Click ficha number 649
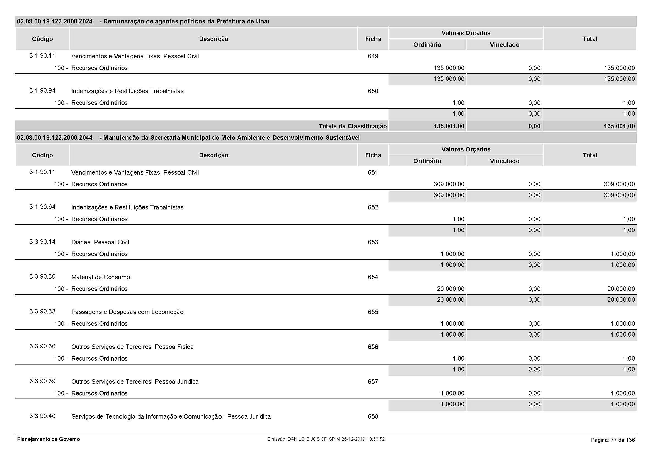(373, 56)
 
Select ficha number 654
(373, 277)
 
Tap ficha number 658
(373, 417)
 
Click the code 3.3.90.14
(42, 242)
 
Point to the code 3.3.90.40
(42, 416)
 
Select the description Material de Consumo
(101, 277)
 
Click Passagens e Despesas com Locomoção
(127, 312)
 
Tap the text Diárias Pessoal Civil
(100, 242)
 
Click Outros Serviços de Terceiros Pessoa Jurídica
(135, 382)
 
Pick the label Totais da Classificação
(352, 126)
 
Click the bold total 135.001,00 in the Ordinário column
(449, 126)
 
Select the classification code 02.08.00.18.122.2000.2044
(55, 138)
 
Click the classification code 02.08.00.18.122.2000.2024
(55, 21)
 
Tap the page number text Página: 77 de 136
(613, 440)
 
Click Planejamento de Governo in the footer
(49, 439)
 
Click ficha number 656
(373, 347)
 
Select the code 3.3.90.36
(42, 346)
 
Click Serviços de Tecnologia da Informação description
(171, 417)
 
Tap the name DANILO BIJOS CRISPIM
(314, 439)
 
